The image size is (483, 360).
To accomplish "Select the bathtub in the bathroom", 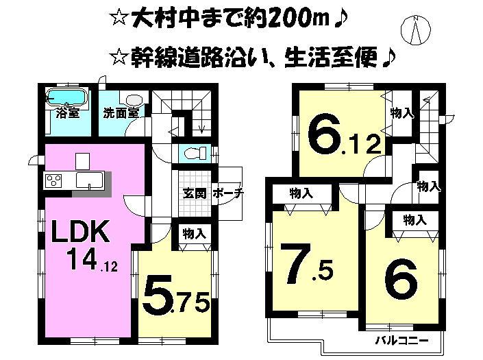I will click(66, 97).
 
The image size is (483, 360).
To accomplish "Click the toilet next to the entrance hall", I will click(191, 152).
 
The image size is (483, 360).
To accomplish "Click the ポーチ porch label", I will click(227, 193).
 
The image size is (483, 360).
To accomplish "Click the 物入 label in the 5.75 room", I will click(193, 234).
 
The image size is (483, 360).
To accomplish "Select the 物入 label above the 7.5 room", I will click(301, 194).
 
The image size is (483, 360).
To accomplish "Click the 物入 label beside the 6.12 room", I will click(402, 113).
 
